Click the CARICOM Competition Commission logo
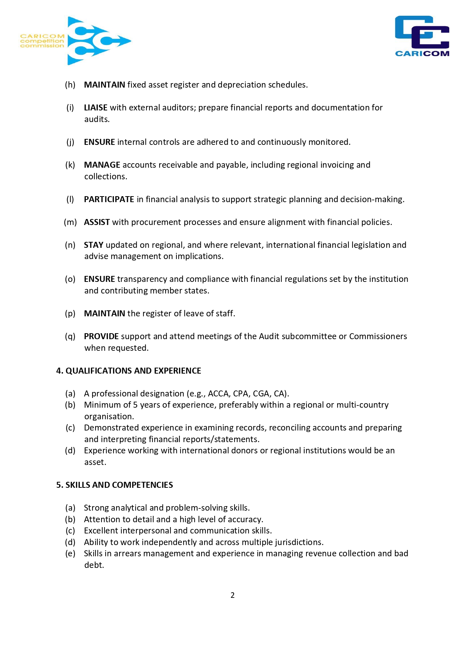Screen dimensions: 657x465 pyautogui.click(x=75, y=41)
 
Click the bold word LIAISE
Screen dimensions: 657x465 pyautogui.click(x=96, y=108)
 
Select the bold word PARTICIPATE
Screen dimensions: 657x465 pyautogui.click(x=109, y=200)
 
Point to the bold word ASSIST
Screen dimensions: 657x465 pyautogui.click(x=97, y=222)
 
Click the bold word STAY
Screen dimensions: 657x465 pyautogui.click(x=94, y=245)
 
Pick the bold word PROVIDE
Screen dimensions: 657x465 pyautogui.click(x=101, y=337)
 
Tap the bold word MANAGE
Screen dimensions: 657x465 pyautogui.click(x=102, y=165)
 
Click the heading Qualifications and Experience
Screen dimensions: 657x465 pyautogui.click(x=129, y=371)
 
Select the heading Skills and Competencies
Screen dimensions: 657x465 pyautogui.click(x=115, y=485)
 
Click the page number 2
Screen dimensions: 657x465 pyautogui.click(x=232, y=595)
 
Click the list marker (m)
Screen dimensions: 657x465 pyautogui.click(x=70, y=222)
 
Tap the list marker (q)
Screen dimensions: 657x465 pyautogui.click(x=70, y=337)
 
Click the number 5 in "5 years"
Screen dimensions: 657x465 pyautogui.click(x=135, y=405)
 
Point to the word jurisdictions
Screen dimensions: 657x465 pyautogui.click(x=298, y=542)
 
